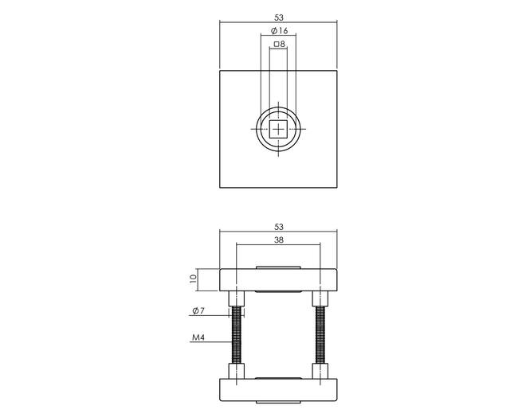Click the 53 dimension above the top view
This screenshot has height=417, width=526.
(278, 18)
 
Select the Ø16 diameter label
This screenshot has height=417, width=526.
(279, 31)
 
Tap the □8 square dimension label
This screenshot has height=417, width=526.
(279, 44)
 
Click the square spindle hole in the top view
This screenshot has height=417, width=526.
(278, 129)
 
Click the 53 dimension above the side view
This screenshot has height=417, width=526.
(278, 227)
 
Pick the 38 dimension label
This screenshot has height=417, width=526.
(278, 240)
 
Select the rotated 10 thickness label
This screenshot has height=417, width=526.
(193, 279)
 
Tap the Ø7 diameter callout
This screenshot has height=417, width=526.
(198, 311)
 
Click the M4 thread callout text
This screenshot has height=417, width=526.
(198, 337)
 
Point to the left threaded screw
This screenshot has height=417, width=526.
(237, 335)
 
